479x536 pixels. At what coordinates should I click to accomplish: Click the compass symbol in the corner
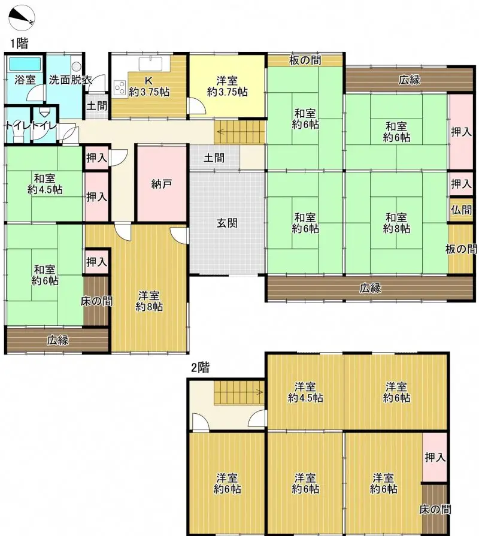click(22, 18)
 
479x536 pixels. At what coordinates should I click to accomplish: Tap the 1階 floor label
click(19, 44)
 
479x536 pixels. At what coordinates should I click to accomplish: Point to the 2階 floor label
click(200, 368)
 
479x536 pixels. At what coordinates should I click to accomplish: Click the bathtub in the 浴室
click(25, 64)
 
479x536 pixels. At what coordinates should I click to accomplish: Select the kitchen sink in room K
click(150, 64)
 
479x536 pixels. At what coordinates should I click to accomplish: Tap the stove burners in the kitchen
click(120, 88)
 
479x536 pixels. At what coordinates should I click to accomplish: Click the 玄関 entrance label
click(227, 223)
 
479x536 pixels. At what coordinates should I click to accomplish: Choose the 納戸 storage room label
click(161, 184)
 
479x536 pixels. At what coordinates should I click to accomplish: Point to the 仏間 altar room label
click(461, 210)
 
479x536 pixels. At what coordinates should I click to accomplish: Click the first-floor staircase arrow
click(239, 132)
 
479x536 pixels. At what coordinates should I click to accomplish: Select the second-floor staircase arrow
click(239, 392)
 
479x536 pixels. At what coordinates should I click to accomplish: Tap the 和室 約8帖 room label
click(396, 223)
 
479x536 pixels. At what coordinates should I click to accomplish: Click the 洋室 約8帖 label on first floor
click(149, 301)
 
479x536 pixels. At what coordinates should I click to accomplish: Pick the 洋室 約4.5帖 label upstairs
click(305, 392)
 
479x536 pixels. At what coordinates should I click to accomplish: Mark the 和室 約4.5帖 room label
click(45, 184)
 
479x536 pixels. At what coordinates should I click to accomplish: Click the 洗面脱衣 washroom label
click(71, 80)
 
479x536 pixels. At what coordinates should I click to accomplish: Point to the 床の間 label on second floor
click(435, 509)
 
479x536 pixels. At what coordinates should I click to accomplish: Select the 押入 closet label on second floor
click(435, 457)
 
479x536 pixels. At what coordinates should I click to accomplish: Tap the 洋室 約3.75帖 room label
click(227, 86)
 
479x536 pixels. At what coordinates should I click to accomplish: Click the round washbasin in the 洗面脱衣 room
click(76, 66)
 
